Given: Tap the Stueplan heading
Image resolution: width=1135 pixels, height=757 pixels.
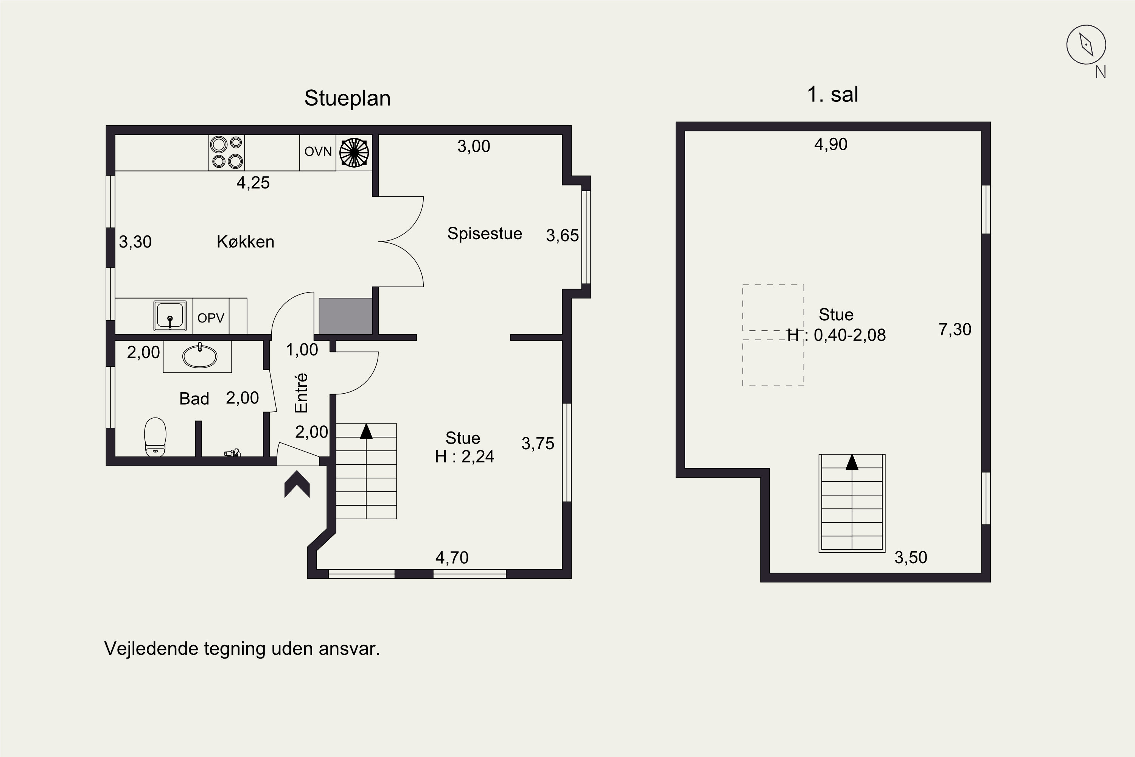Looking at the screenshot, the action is pyautogui.click(x=347, y=98).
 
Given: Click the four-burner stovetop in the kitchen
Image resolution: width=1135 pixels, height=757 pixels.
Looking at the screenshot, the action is pyautogui.click(x=226, y=153).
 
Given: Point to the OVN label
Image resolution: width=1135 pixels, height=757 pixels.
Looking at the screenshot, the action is pyautogui.click(x=318, y=152).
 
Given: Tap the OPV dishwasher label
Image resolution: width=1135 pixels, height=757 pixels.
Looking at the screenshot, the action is pyautogui.click(x=211, y=318).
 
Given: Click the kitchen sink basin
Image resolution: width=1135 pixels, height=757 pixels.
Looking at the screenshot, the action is pyautogui.click(x=170, y=316).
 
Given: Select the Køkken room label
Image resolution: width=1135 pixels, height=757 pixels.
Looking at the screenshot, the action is pyautogui.click(x=246, y=241).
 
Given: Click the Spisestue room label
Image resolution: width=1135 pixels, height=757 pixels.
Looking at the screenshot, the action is pyautogui.click(x=485, y=234).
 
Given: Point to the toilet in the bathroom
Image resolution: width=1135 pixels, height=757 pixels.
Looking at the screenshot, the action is pyautogui.click(x=155, y=437).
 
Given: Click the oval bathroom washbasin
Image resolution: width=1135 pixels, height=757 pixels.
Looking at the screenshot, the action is pyautogui.click(x=200, y=356).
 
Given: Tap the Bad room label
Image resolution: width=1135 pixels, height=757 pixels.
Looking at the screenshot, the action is pyautogui.click(x=194, y=399).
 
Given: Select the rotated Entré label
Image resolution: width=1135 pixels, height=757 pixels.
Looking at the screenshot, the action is pyautogui.click(x=301, y=393).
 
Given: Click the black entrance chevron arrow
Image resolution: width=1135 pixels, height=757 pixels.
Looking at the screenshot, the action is pyautogui.click(x=297, y=484).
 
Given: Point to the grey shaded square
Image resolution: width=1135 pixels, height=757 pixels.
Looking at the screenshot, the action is pyautogui.click(x=345, y=316).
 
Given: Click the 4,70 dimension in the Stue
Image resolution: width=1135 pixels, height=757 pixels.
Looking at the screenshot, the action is pyautogui.click(x=452, y=558).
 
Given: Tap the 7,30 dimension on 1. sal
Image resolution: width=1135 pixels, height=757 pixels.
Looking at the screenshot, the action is pyautogui.click(x=955, y=330).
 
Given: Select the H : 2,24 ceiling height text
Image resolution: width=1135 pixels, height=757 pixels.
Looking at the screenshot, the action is pyautogui.click(x=464, y=457).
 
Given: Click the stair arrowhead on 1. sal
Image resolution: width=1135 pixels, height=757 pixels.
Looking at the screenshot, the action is pyautogui.click(x=852, y=462).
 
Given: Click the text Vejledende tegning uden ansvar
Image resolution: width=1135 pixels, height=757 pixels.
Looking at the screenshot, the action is pyautogui.click(x=242, y=649).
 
